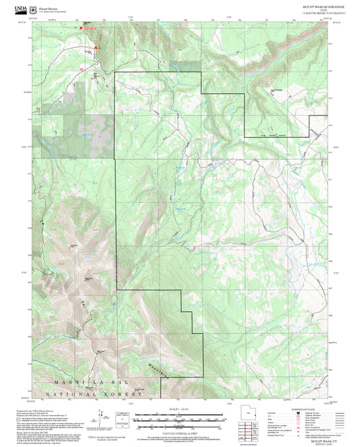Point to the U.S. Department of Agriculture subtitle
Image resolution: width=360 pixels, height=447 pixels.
53,12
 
